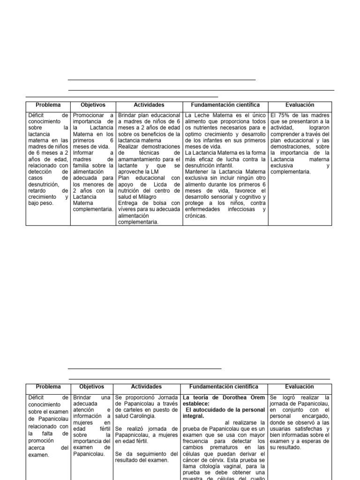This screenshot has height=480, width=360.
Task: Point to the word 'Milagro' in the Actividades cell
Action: [x=147, y=197]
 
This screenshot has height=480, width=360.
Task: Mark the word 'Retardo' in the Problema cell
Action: [x=39, y=191]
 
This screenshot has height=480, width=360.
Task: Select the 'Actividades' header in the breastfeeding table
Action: [x=149, y=105]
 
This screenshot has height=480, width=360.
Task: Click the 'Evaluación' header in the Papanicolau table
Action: [x=300, y=387]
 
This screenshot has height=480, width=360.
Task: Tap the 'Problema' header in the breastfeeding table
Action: [x=48, y=105]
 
